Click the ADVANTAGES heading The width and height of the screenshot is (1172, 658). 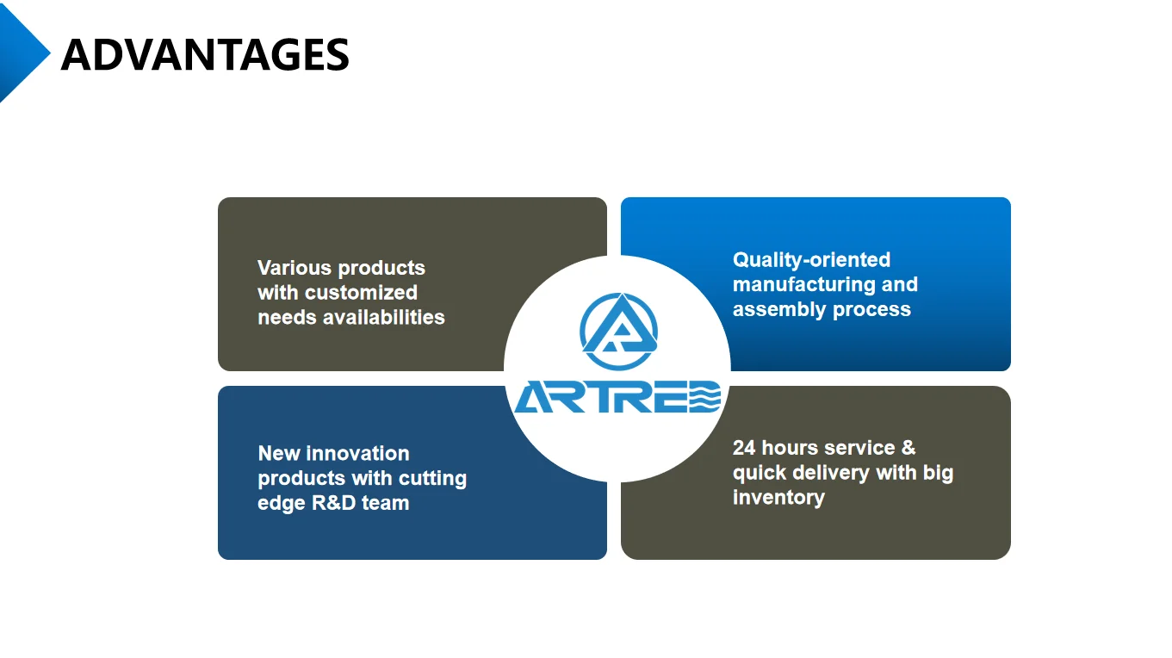coord(205,54)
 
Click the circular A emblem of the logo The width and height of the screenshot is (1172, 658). coord(618,331)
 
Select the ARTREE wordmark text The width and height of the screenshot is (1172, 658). coord(617,397)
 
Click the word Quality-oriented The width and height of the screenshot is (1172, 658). coord(811,260)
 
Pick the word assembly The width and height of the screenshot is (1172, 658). coord(779,309)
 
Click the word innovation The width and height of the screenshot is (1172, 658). coord(357,453)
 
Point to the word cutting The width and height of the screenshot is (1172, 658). coord(431,479)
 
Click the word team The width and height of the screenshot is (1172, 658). coord(386,503)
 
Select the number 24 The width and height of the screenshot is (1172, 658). coord(744,448)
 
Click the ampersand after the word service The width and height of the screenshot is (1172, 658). coord(908,448)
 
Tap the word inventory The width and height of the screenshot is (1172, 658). coord(778,497)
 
